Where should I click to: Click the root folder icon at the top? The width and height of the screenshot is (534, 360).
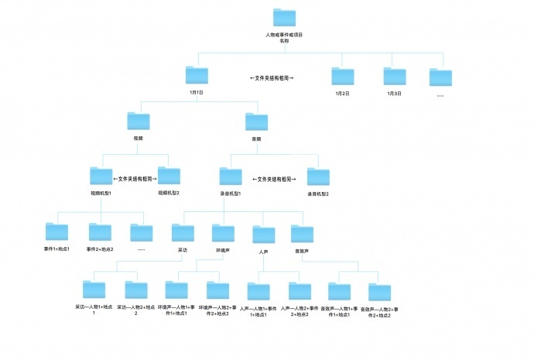click(x=285, y=18)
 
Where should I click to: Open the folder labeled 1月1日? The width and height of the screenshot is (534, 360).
click(x=197, y=75)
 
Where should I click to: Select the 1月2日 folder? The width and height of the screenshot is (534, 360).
click(x=342, y=76)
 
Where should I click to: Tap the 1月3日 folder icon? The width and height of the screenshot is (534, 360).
click(x=394, y=76)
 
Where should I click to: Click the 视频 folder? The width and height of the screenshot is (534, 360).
click(x=139, y=121)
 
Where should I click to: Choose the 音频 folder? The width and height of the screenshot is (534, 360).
click(x=256, y=121)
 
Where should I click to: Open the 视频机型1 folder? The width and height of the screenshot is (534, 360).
click(x=101, y=176)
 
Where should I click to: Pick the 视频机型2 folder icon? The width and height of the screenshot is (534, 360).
click(x=168, y=176)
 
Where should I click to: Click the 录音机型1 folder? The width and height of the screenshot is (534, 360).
click(x=231, y=176)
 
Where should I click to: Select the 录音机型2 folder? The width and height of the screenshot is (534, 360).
click(x=318, y=176)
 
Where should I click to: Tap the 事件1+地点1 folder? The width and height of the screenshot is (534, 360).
click(x=56, y=231)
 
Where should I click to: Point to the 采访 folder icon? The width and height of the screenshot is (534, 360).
click(x=183, y=231)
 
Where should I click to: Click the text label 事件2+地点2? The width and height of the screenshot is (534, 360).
click(x=100, y=249)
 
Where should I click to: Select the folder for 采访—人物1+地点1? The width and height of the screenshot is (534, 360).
click(x=94, y=290)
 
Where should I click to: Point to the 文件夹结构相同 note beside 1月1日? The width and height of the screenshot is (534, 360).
click(x=272, y=78)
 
